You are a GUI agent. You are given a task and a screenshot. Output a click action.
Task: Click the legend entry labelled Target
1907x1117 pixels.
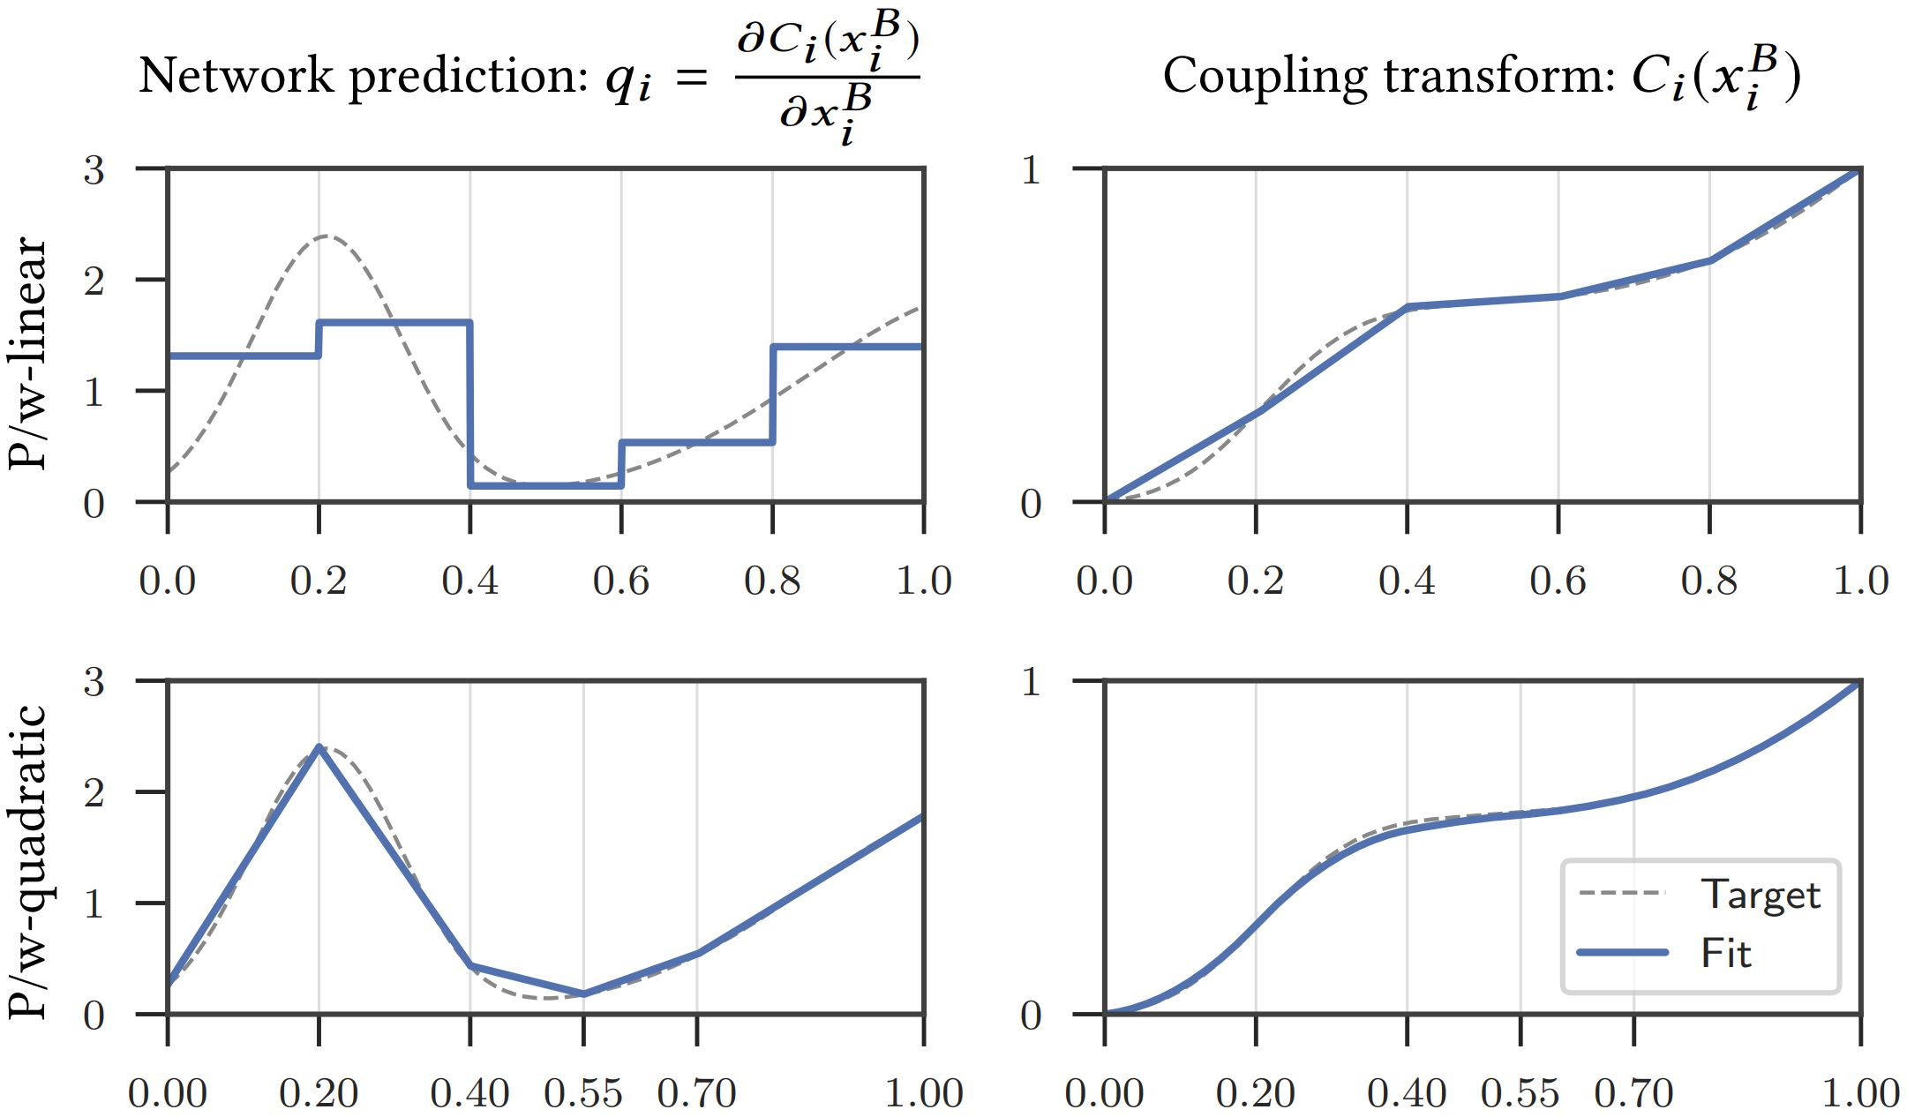[1759, 895]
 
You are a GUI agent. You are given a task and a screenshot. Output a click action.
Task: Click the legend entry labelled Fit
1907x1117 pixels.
[1725, 953]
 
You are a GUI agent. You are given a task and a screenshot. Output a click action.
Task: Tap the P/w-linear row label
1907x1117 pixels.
[28, 353]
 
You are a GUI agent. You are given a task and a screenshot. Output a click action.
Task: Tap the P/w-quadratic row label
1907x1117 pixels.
[28, 862]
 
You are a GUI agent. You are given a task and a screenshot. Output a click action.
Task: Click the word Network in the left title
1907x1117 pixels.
[236, 75]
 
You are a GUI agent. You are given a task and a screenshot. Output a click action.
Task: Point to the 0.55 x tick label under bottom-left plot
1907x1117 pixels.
[583, 1094]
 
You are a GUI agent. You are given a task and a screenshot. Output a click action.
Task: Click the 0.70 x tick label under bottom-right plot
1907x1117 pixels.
[1633, 1094]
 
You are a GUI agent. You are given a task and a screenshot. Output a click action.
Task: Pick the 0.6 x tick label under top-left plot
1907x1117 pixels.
[621, 581]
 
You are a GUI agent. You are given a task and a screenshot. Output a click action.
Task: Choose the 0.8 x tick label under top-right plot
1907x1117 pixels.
[1709, 581]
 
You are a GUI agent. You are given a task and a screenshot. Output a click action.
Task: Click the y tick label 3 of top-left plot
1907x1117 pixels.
[94, 169]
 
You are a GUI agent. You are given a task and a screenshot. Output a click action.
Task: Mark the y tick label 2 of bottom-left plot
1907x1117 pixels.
[94, 792]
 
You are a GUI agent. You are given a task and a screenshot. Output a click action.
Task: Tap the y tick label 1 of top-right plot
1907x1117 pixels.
[1031, 169]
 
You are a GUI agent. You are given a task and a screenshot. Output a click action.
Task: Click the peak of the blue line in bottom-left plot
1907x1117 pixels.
[319, 747]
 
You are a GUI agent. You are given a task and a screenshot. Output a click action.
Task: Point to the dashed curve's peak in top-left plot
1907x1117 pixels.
[327, 236]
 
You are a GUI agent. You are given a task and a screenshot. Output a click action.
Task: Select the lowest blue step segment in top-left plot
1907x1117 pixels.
[545, 484]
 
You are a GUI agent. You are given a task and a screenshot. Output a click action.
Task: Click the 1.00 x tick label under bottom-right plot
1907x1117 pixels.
[1860, 1094]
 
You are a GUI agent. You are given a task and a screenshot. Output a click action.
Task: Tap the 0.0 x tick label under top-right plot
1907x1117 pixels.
[1104, 581]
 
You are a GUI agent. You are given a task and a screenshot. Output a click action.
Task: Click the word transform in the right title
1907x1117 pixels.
[1499, 75]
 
